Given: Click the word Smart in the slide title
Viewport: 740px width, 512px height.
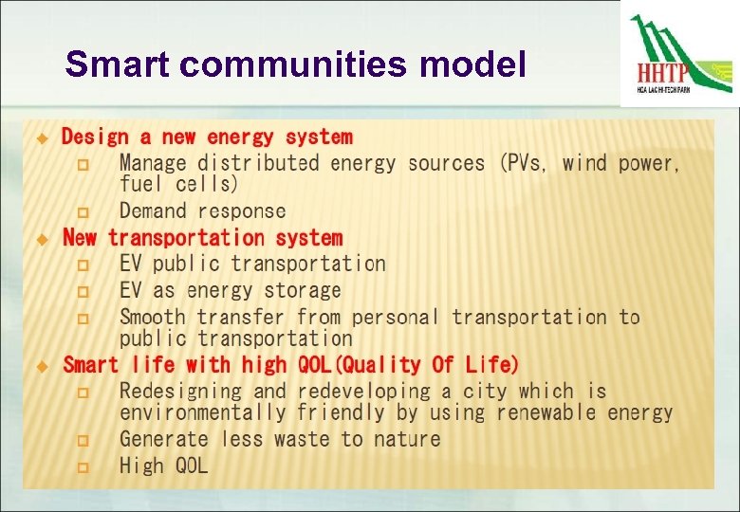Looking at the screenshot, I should tap(119, 64).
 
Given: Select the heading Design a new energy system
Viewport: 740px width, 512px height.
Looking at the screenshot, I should tap(207, 137).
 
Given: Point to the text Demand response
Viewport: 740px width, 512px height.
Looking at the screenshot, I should tap(202, 211).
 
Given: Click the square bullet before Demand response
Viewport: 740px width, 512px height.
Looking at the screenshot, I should tap(83, 212).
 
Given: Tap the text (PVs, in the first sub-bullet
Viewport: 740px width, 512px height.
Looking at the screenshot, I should tap(523, 163).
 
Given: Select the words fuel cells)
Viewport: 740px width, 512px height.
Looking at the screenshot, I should tap(179, 184).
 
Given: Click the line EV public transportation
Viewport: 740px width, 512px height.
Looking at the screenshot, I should tap(252, 264).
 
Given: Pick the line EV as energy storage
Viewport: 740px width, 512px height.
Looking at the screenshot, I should tap(230, 290).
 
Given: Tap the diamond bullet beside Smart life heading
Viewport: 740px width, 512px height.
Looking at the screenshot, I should tap(41, 366).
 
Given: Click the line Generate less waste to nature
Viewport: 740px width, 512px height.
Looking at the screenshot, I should tap(280, 439).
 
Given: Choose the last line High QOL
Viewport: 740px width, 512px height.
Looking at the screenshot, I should tap(163, 466).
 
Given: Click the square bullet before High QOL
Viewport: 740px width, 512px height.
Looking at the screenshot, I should tap(83, 466).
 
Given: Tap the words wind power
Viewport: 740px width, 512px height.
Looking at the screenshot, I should tap(620, 163).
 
